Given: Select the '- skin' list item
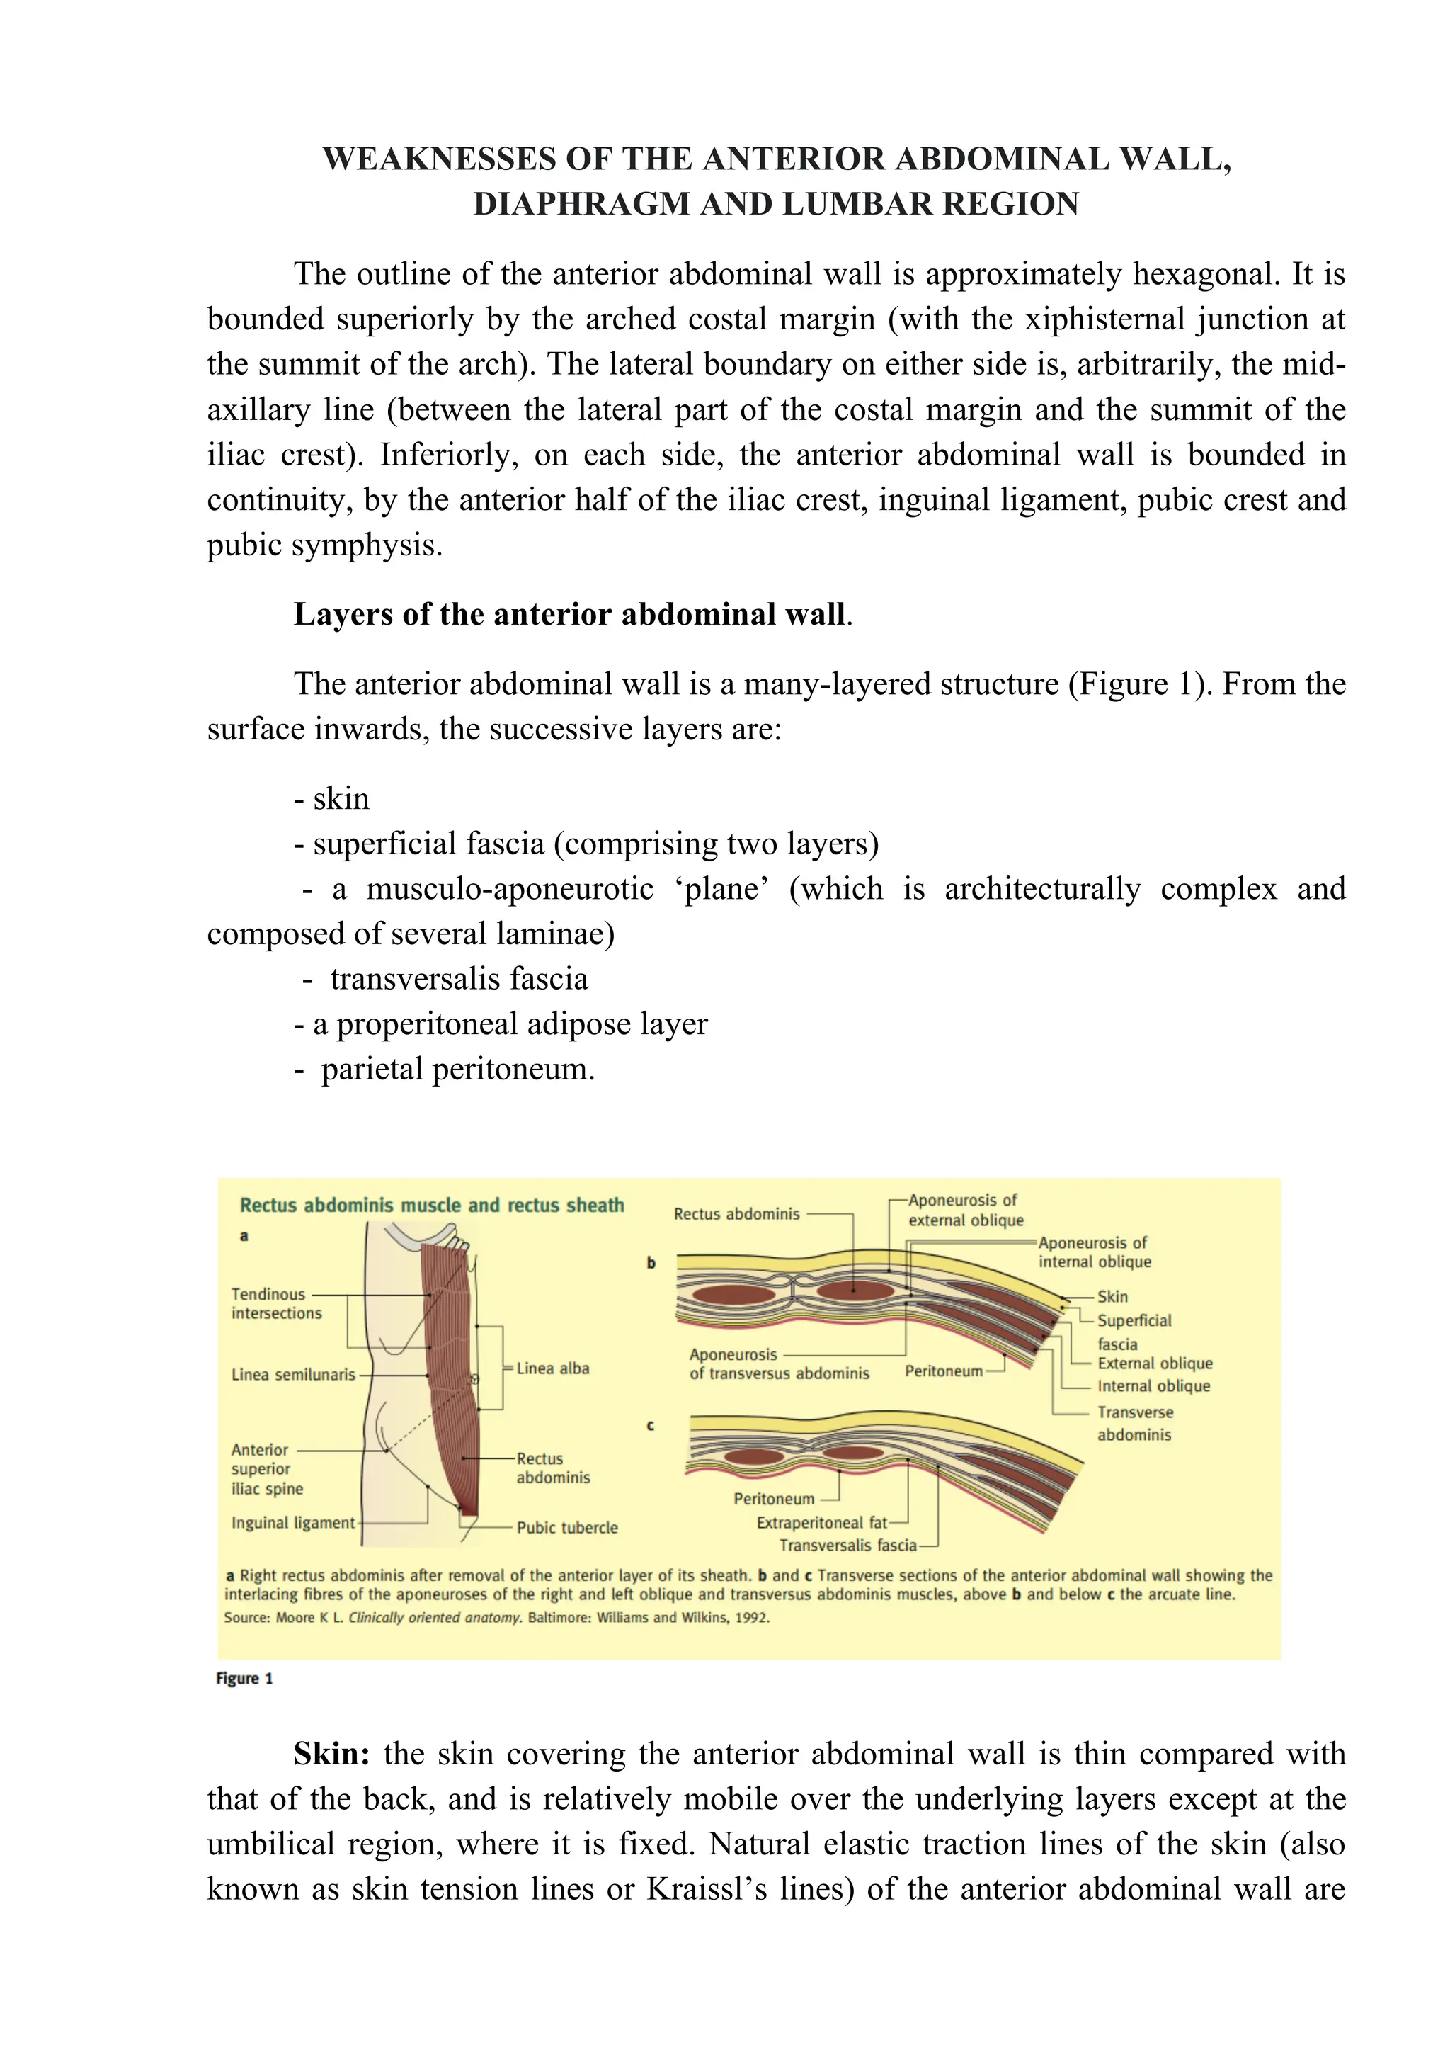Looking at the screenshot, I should (x=331, y=798).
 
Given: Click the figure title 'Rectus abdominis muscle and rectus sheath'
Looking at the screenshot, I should (x=431, y=1205).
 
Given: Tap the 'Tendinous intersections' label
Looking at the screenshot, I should (x=276, y=1303).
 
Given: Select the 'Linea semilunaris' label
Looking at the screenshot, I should (x=293, y=1375).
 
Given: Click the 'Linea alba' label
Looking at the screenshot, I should (x=552, y=1368).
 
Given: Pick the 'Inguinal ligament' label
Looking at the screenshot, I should (x=293, y=1522).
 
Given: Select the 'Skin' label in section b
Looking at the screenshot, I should (x=1112, y=1296).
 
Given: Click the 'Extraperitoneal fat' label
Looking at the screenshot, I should (x=821, y=1522).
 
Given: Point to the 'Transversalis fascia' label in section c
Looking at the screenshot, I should (x=847, y=1546).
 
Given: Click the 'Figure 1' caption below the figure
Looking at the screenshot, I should (x=244, y=1679).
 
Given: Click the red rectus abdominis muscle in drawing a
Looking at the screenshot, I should (x=451, y=1385).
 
